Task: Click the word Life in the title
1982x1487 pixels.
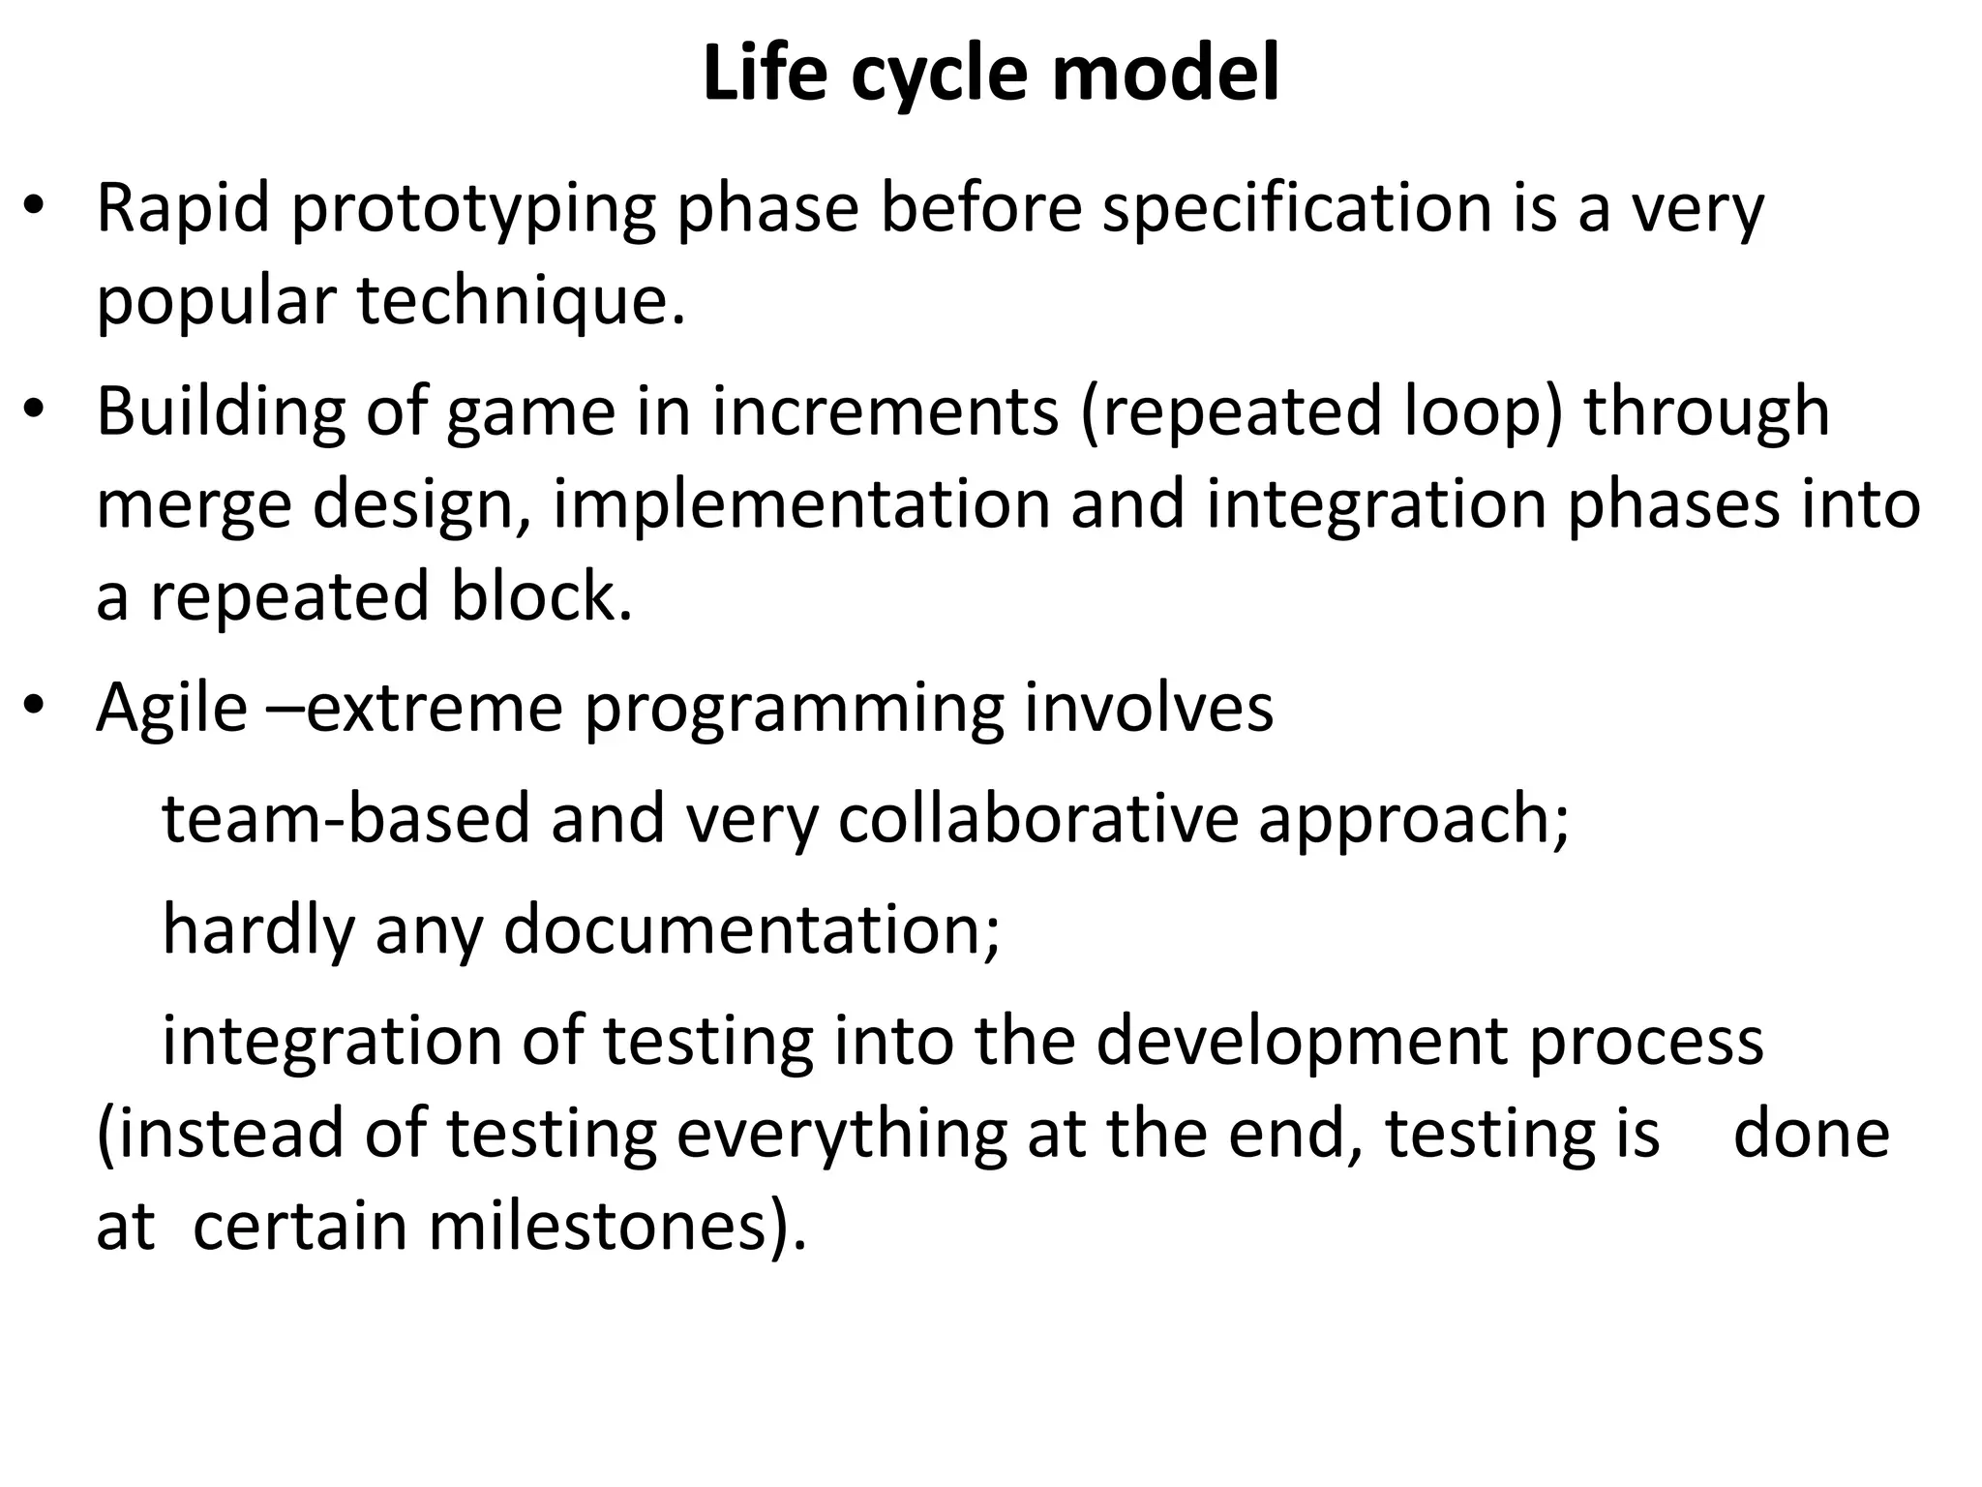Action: coord(765,75)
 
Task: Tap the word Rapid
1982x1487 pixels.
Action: coord(182,208)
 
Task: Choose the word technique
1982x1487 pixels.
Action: coord(521,302)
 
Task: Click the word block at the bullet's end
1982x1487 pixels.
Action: coord(541,597)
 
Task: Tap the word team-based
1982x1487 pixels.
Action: coord(346,819)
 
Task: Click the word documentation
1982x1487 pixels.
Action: coord(752,930)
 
